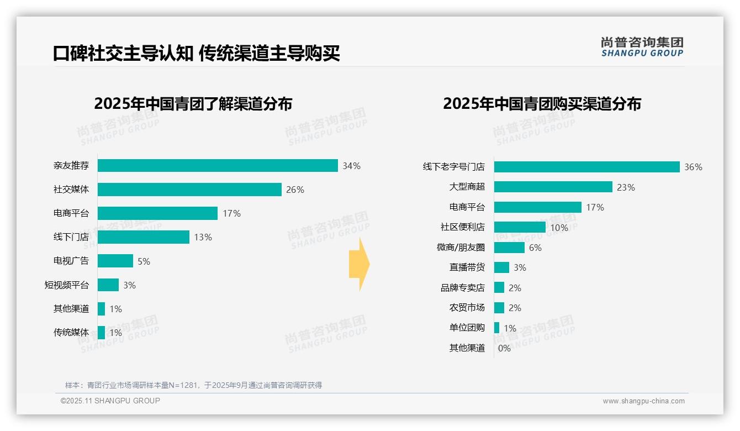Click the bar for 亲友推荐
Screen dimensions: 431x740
[218, 166]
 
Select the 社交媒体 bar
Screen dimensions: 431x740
[189, 190]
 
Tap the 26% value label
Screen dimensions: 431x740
[295, 190]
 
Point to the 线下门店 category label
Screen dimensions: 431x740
[71, 237]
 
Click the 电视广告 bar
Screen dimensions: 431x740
[115, 261]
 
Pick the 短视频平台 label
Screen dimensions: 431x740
[67, 285]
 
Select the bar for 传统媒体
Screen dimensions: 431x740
[102, 333]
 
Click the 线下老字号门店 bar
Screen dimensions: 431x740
[586, 167]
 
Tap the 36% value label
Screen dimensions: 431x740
[693, 167]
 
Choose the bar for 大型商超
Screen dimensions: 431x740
[553, 187]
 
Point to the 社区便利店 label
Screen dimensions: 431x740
[463, 227]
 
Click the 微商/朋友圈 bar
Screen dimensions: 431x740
[509, 248]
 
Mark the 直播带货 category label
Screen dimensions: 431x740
[467, 267]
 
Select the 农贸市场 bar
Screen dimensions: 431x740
[499, 308]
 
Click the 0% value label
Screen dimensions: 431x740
[504, 348]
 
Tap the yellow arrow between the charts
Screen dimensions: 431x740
[359, 265]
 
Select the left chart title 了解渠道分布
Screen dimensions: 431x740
[193, 104]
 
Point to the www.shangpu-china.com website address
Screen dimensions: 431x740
[643, 401]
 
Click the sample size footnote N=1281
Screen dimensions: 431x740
[193, 385]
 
